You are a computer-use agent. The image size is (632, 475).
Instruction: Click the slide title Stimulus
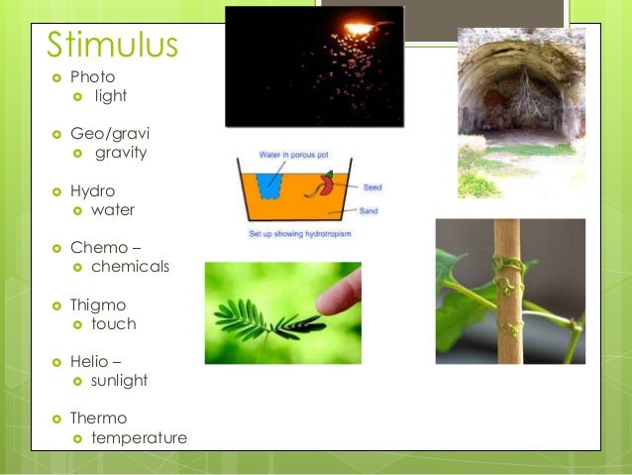(112, 45)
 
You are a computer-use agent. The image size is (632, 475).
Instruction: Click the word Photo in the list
(92, 76)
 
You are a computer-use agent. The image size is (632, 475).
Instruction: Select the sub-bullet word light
(111, 96)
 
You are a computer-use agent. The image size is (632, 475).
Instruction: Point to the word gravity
(121, 153)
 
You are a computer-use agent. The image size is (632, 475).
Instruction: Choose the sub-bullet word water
(113, 210)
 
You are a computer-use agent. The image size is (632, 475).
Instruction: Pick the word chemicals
(130, 267)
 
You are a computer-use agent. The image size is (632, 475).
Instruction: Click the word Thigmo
(98, 304)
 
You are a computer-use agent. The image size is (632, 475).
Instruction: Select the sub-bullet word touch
(113, 324)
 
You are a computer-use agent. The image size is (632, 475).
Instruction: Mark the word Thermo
(98, 418)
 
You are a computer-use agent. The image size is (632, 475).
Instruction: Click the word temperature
(139, 438)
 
